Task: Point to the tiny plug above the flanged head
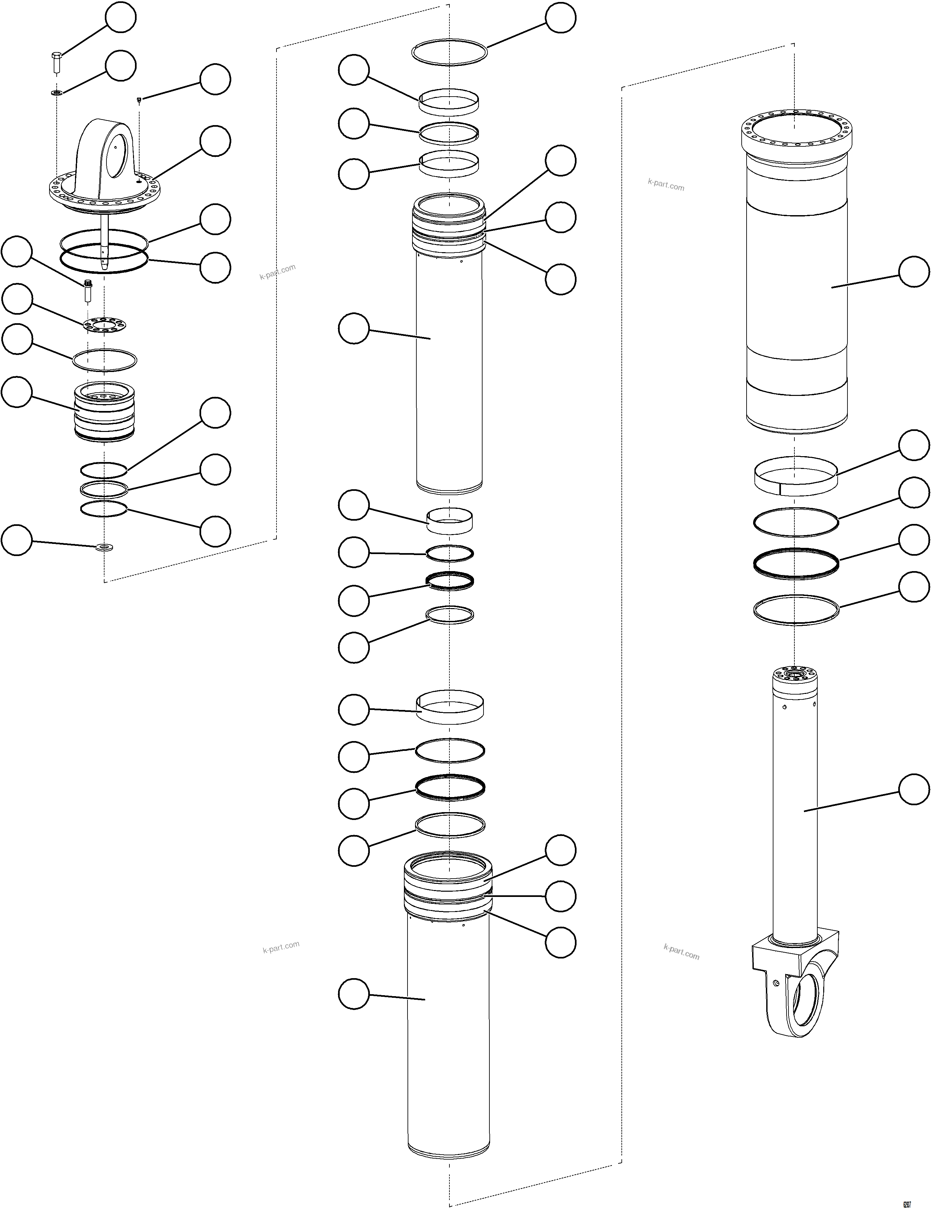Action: tap(139, 100)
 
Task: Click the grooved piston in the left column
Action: tap(104, 412)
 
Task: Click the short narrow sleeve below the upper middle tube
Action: tap(449, 521)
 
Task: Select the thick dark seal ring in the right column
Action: tap(796, 564)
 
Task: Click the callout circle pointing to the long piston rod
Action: tap(913, 790)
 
